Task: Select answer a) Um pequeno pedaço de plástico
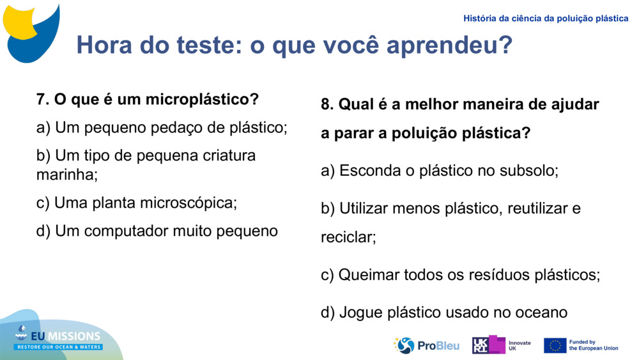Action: point(162,128)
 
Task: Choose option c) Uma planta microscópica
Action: point(137,203)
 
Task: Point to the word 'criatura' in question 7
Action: point(228,156)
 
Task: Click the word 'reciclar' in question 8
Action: point(348,238)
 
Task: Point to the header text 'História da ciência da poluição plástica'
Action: point(546,19)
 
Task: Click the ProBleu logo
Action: point(426,345)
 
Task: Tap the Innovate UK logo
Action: point(501,345)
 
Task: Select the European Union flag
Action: point(555,345)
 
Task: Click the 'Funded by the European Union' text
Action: point(593,345)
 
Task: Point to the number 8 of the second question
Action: point(326,104)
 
